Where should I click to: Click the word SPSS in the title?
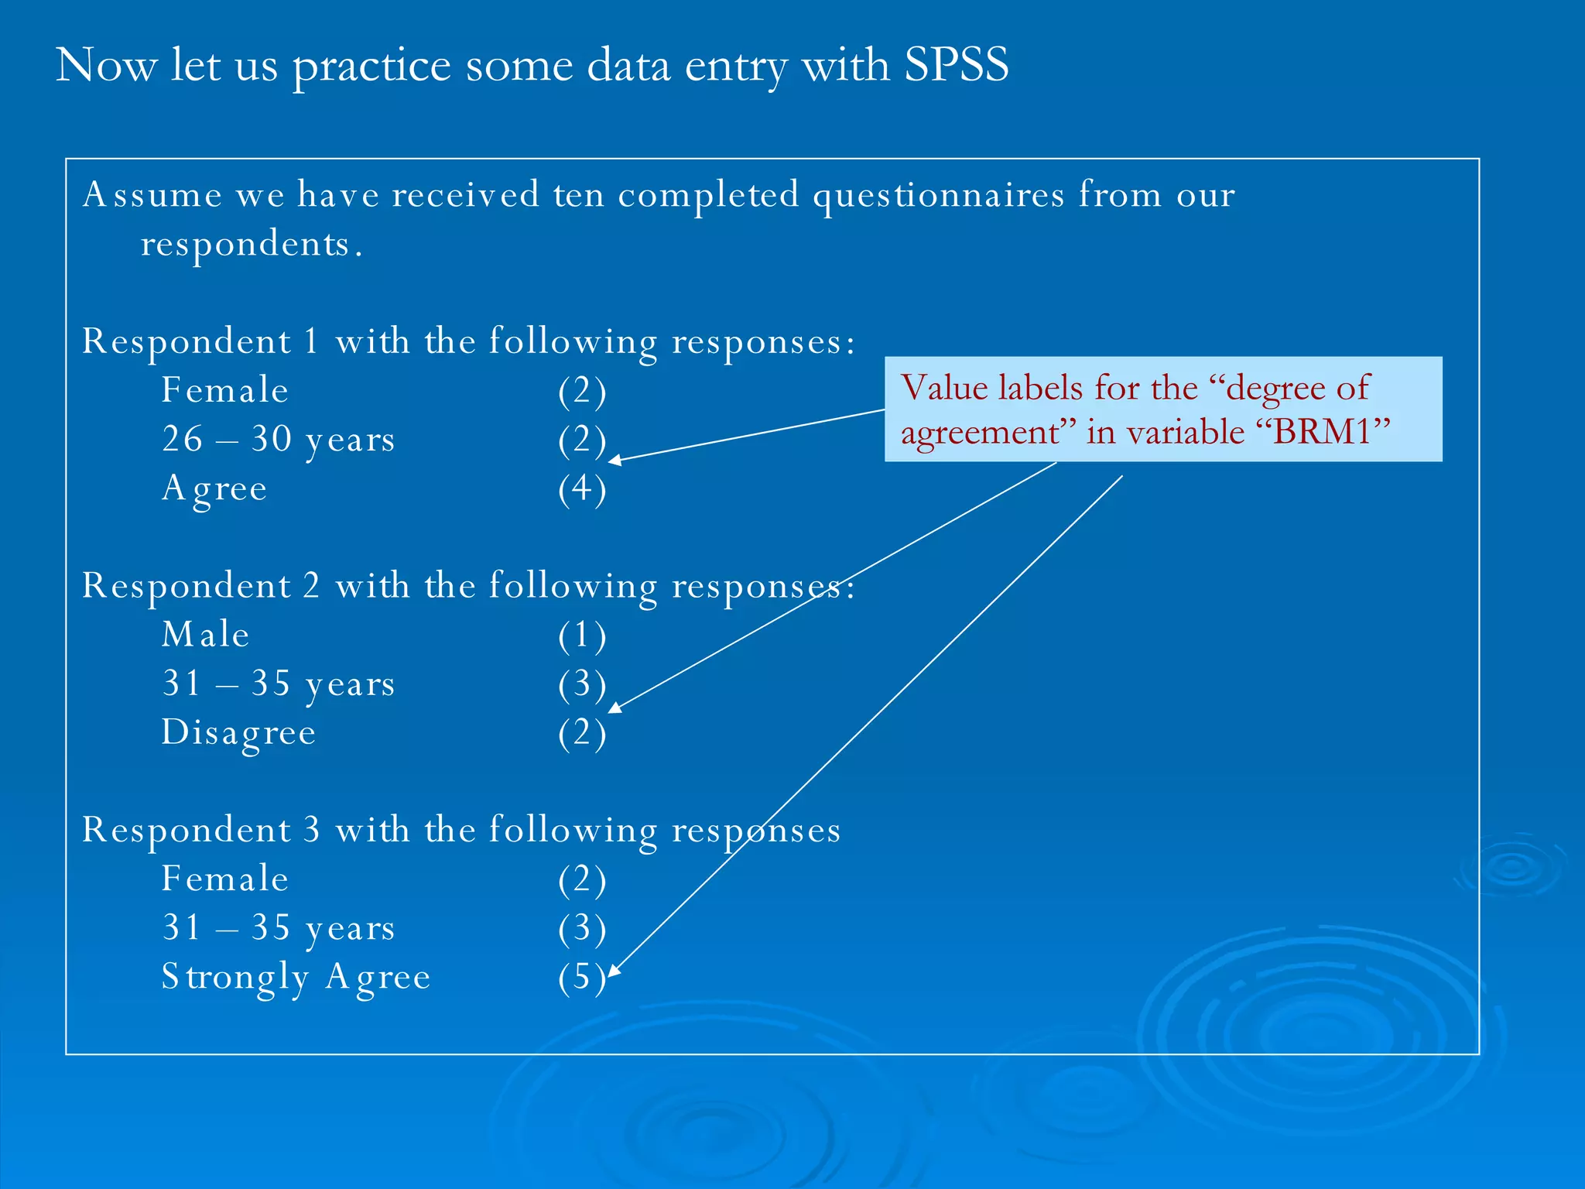click(x=956, y=64)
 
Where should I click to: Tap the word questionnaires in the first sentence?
click(x=938, y=194)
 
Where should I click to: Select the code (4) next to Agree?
click(x=582, y=488)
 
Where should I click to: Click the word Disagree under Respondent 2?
click(x=238, y=732)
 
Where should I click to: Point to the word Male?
click(x=205, y=635)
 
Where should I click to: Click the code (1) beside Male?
click(x=582, y=636)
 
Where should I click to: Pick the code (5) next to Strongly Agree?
click(x=580, y=977)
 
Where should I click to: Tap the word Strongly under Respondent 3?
click(x=234, y=977)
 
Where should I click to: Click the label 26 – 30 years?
click(x=278, y=439)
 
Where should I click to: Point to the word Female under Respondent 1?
click(x=224, y=390)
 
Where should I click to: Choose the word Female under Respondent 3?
click(x=224, y=879)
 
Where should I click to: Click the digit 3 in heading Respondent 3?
click(x=311, y=830)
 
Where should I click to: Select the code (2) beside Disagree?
click(x=582, y=733)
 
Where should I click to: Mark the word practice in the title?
click(x=371, y=65)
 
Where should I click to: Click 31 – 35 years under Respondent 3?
click(x=278, y=927)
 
